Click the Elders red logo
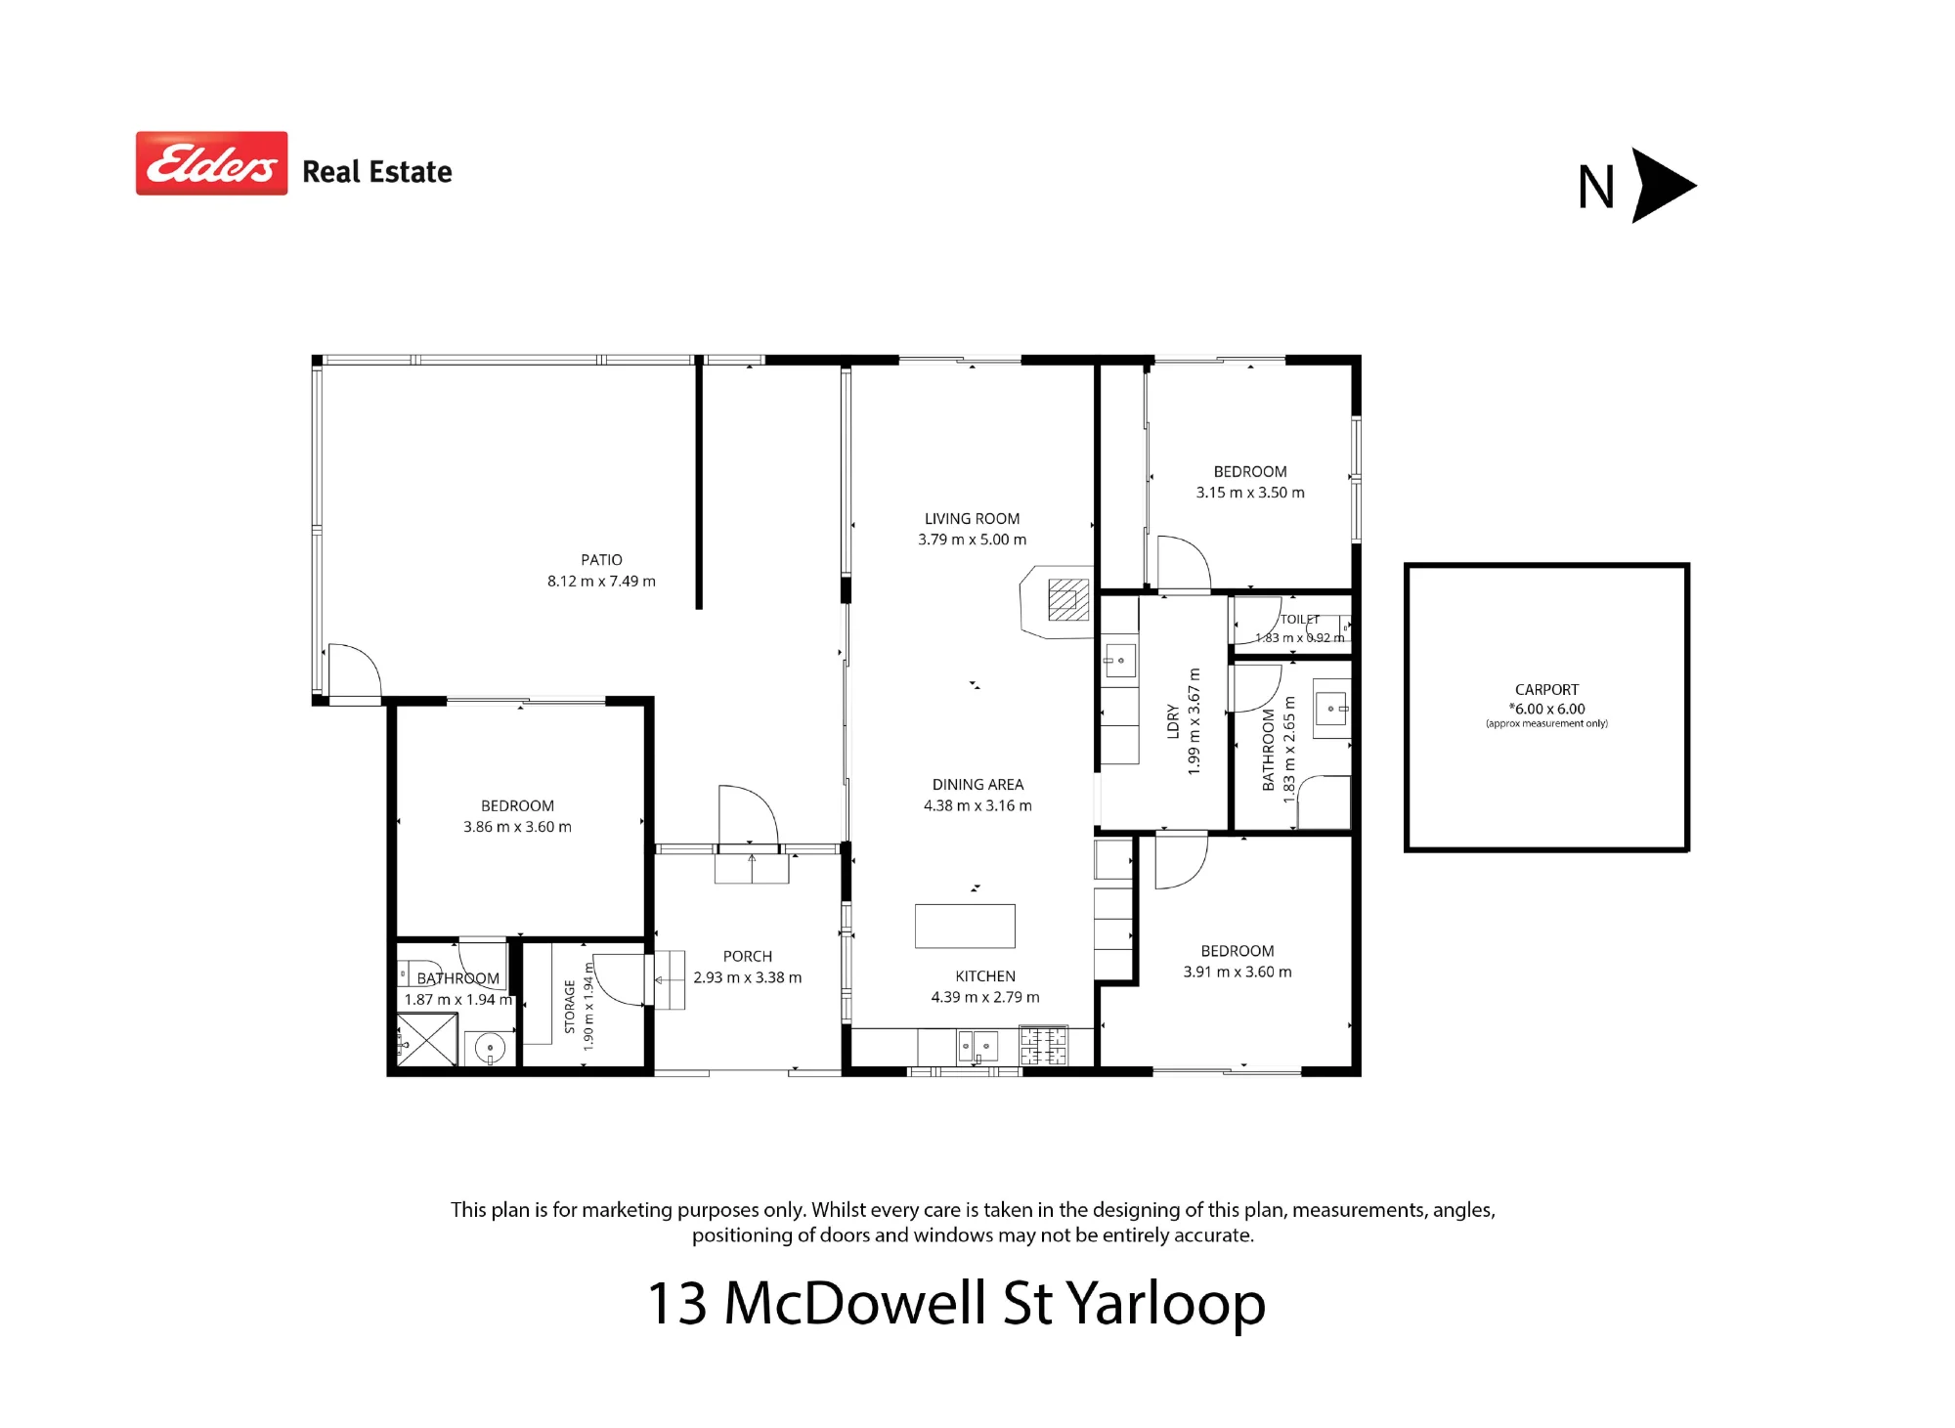point(211,163)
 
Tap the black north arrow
point(1664,186)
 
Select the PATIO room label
point(601,560)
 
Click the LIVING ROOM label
point(972,519)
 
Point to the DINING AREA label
point(977,785)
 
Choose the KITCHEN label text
point(985,976)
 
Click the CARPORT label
point(1546,690)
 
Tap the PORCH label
point(748,957)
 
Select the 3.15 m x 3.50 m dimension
point(1250,493)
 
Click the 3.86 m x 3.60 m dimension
point(517,827)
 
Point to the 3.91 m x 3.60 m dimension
point(1238,973)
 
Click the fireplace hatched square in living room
point(1068,599)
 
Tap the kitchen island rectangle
point(965,926)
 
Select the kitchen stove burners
point(1043,1045)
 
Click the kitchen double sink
point(977,1047)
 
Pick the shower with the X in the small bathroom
point(427,1039)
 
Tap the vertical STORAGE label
point(570,1007)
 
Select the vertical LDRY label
point(1173,721)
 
